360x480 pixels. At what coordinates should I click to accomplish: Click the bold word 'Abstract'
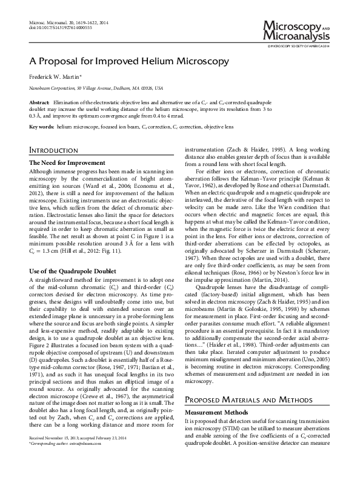tap(39, 104)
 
